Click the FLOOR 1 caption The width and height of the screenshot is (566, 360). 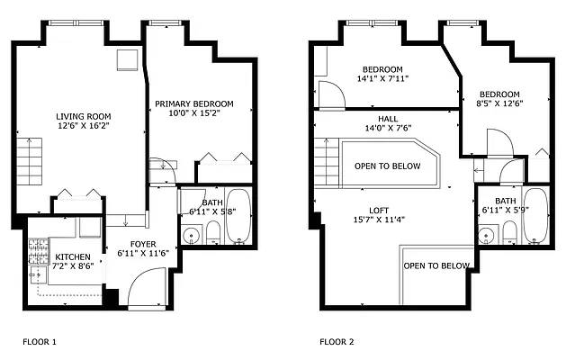[39, 342]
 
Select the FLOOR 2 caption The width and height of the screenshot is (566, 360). [337, 342]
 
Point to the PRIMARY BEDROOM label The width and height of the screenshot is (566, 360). [194, 103]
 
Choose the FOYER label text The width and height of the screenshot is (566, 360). [143, 243]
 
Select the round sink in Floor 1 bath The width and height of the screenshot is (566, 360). [191, 237]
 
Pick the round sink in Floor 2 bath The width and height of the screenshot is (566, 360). [487, 237]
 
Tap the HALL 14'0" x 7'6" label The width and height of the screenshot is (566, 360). [388, 123]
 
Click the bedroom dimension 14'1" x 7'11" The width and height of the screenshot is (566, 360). [382, 79]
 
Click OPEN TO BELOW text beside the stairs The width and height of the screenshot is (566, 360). [387, 166]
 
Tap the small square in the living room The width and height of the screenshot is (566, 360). [128, 59]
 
